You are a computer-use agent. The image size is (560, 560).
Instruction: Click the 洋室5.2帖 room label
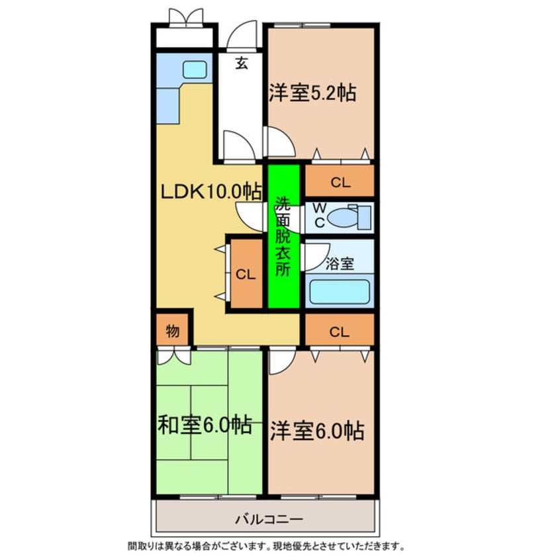pos(312,93)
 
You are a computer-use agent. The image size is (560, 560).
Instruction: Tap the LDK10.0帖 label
pos(211,191)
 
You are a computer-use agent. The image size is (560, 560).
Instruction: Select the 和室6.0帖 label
pos(205,425)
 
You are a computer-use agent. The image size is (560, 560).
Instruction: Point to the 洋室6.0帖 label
pos(316,432)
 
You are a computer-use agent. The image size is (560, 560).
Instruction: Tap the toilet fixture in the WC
pos(344,216)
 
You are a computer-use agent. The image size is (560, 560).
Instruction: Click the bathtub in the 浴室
pos(340,292)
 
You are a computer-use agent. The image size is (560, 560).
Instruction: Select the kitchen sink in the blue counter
pos(194,69)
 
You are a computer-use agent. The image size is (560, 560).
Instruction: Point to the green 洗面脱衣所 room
pos(283,236)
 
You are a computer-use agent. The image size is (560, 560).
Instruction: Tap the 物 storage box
pos(173,330)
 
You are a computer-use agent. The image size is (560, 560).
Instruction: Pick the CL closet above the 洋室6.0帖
pos(340,332)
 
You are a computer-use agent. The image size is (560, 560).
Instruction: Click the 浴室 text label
pos(340,263)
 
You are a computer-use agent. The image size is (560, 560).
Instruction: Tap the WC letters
pos(319,216)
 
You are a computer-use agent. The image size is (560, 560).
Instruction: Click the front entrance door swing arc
pos(242,36)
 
